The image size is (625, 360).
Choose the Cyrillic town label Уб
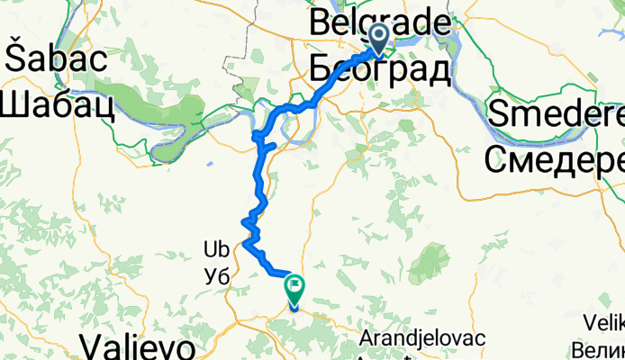tap(217, 276)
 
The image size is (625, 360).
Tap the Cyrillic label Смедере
tap(555, 159)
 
